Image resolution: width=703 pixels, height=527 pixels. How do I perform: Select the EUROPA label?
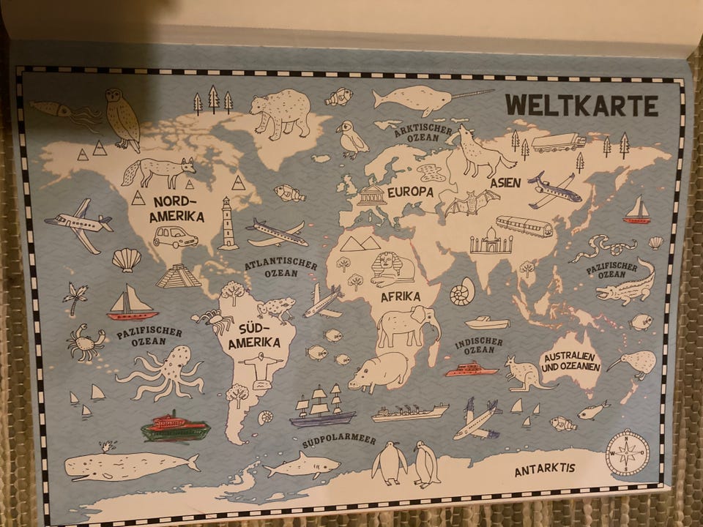click(410, 192)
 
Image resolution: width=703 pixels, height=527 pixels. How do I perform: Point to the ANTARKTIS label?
click(544, 469)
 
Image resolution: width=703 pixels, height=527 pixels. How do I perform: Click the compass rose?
click(628, 452)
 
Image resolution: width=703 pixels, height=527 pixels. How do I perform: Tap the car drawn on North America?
click(175, 237)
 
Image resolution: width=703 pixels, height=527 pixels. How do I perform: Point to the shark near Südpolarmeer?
click(301, 464)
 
